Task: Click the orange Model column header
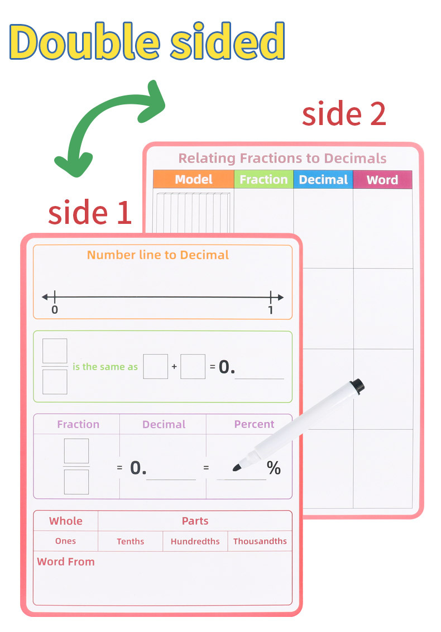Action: [x=193, y=179]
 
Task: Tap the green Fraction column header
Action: [x=263, y=179]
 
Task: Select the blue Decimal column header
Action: [x=323, y=179]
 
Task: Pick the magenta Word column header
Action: [x=382, y=180]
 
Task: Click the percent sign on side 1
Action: [x=274, y=468]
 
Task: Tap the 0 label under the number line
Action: [x=54, y=310]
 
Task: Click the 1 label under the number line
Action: [x=271, y=310]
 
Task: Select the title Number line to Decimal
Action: [x=158, y=255]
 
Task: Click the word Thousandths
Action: [x=260, y=541]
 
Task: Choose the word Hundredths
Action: [x=195, y=541]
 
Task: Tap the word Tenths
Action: [x=131, y=541]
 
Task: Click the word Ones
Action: [x=65, y=541]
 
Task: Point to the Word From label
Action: [x=66, y=562]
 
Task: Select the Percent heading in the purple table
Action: [x=254, y=424]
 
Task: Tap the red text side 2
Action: [x=344, y=114]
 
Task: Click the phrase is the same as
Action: [x=105, y=367]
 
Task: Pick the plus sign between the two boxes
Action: [x=174, y=367]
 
